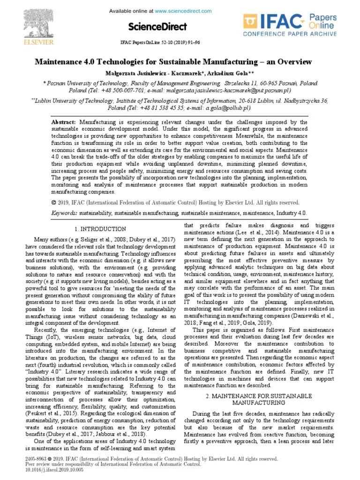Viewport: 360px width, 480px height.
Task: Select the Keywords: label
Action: click(x=64, y=213)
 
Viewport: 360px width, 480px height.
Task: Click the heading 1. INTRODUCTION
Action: click(x=100, y=229)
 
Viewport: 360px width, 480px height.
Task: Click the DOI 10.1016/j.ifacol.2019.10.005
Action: click(x=45, y=469)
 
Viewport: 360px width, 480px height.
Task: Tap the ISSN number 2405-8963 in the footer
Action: click(x=27, y=457)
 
